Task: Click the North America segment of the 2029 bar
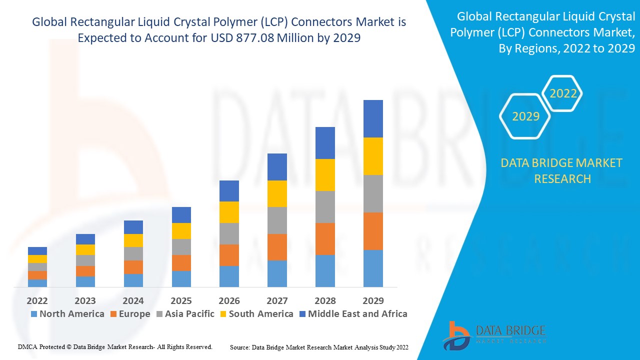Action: click(x=373, y=268)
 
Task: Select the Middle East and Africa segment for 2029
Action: click(x=373, y=118)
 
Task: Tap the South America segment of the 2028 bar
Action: click(x=325, y=174)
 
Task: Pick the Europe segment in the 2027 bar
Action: click(x=277, y=247)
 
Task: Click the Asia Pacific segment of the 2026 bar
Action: click(x=229, y=233)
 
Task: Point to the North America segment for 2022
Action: click(x=37, y=283)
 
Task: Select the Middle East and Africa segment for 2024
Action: click(x=133, y=227)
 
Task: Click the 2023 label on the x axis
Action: click(x=85, y=300)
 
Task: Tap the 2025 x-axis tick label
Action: click(x=181, y=300)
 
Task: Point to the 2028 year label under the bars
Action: click(x=325, y=300)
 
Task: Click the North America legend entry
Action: click(x=67, y=314)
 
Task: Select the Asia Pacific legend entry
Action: click(x=185, y=314)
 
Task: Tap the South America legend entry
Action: click(x=256, y=314)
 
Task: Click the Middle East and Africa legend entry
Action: click(x=352, y=314)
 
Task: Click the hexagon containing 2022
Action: click(x=563, y=93)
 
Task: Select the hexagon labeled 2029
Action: click(x=525, y=116)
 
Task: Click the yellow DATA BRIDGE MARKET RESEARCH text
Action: click(x=562, y=170)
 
